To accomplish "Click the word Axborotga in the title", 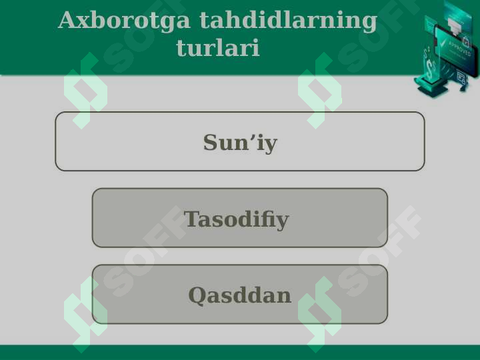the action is coord(124,21).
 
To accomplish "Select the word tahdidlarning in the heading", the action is coord(289,20).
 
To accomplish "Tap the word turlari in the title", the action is coord(218,47).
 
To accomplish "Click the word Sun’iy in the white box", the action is coord(240,143).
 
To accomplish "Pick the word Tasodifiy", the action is coord(236,219).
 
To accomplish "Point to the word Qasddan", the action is coord(240,296).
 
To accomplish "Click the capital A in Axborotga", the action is coord(69,20).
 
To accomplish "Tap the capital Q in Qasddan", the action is coord(197,296).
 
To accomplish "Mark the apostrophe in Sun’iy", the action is coord(254,137).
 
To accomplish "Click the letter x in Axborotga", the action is coord(88,23).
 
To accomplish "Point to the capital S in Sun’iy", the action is coord(211,142).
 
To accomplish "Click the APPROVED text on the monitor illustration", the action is coord(459,49).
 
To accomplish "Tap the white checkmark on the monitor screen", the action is coord(442,44).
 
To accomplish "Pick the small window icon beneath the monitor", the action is coord(461,77).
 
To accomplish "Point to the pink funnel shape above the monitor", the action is coord(455,26).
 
